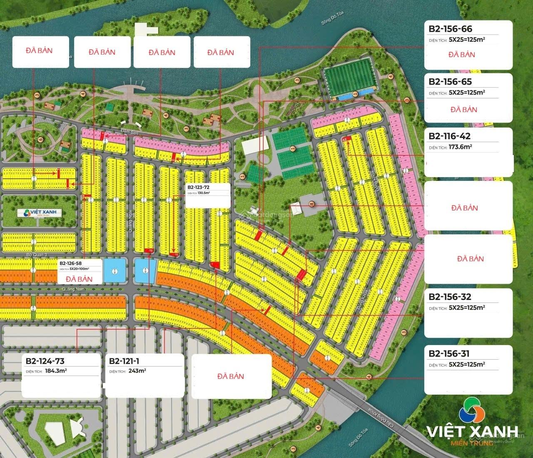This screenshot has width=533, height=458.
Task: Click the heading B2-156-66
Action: coord(451,29)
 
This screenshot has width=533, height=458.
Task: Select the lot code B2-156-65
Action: coord(451,82)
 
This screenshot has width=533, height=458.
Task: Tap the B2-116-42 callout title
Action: coord(450,136)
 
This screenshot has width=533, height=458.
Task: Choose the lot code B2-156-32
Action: coord(450,297)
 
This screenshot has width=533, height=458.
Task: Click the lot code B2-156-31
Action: coord(449,354)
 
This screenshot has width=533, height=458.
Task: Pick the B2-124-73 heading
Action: coord(45,361)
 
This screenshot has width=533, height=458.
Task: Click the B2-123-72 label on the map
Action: coord(201,188)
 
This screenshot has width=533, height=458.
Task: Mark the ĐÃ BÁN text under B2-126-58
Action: coord(79,278)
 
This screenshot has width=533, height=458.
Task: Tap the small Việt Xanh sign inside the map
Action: coord(39,213)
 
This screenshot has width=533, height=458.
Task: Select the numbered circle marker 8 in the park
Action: coord(311,204)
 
